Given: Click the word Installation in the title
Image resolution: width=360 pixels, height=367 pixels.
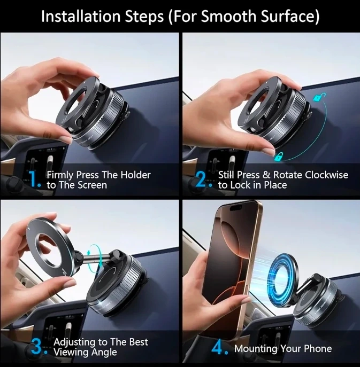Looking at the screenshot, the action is point(81,17).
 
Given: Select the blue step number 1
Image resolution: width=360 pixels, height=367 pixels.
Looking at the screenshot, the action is point(35,179).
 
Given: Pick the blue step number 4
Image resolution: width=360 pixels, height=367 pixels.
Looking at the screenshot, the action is point(219,348).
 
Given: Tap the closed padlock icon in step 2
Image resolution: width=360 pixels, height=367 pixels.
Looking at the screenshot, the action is point(279,157).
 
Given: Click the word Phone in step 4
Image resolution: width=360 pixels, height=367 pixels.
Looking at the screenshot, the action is point(318,348).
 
